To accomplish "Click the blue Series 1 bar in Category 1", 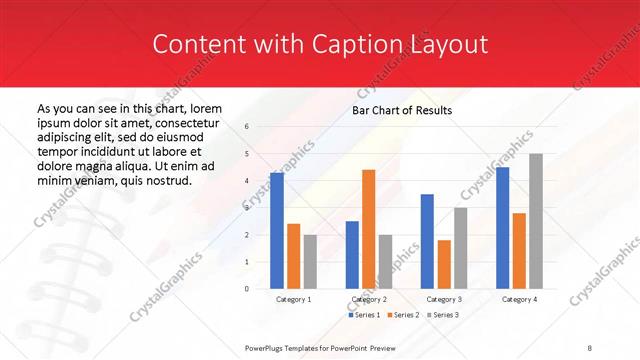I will tap(277, 231).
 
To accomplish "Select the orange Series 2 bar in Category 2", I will tap(369, 229).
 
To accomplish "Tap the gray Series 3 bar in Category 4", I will tap(536, 221).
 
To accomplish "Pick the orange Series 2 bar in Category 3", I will tap(444, 264).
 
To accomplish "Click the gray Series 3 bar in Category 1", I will tap(311, 262).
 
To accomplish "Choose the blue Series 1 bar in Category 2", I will tap(352, 255).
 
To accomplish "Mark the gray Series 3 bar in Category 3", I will tap(461, 248).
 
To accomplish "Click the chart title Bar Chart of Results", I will tap(402, 110).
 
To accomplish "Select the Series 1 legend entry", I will tap(364, 315).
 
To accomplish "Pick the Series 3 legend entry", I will tap(441, 315).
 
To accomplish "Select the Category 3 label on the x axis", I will tap(444, 300).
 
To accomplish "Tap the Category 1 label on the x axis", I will tap(294, 300).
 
